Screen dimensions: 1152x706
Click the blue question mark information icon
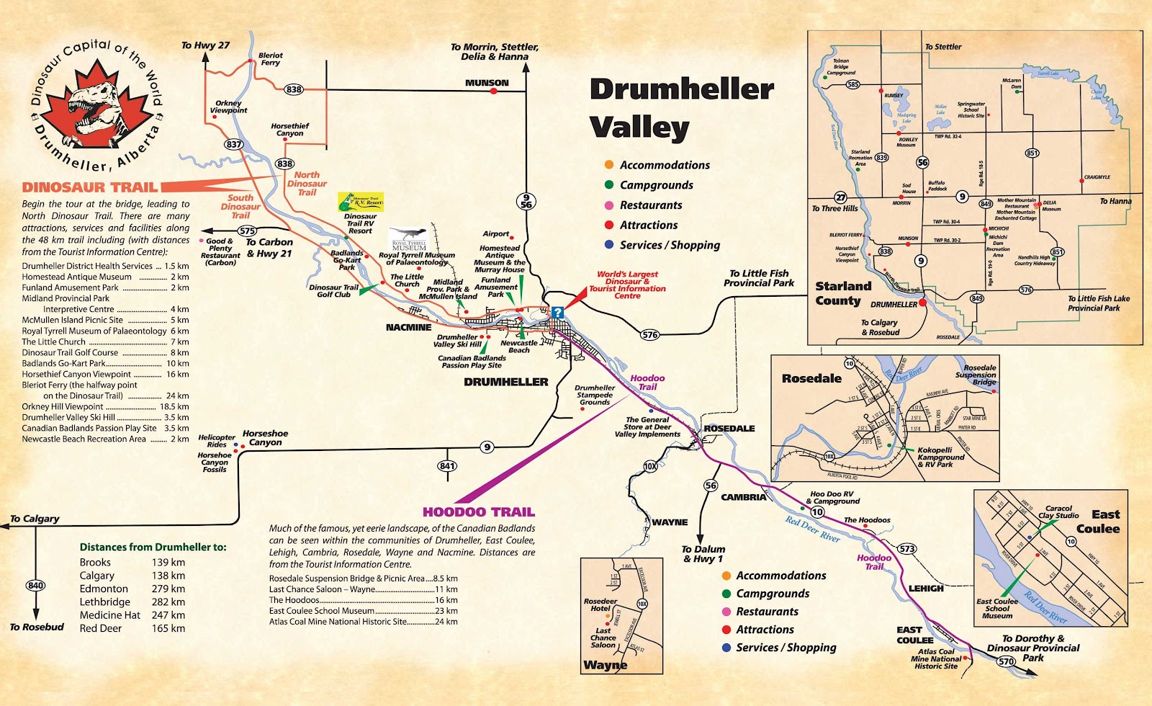(557, 313)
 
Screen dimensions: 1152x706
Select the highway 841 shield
(447, 466)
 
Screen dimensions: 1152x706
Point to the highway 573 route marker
(906, 549)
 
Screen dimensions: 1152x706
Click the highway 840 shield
(35, 586)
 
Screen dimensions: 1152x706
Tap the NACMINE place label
(408, 327)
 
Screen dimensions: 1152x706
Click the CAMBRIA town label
(743, 497)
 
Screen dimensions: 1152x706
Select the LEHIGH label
(925, 589)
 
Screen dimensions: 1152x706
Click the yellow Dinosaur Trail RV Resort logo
(361, 202)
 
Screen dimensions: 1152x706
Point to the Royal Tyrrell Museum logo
(409, 240)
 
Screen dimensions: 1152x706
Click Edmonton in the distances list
(104, 589)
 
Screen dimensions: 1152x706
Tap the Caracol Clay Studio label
(1058, 512)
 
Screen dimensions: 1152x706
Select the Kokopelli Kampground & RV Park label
(940, 457)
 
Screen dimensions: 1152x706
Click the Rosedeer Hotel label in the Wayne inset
(600, 604)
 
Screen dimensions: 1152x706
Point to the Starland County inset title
(842, 293)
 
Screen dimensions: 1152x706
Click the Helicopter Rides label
(216, 441)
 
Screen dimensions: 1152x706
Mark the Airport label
(495, 234)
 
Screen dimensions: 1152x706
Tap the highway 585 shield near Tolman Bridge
(852, 84)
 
